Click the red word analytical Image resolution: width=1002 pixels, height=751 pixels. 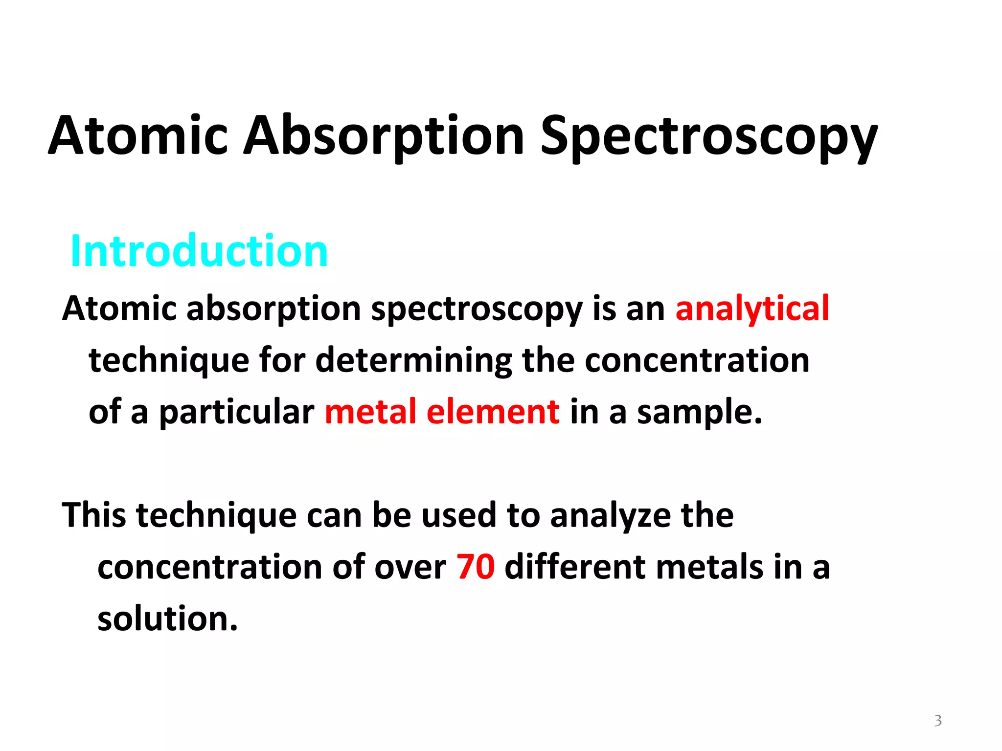tap(752, 309)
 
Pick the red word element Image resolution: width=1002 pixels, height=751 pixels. tap(493, 412)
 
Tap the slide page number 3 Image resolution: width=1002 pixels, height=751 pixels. tap(937, 721)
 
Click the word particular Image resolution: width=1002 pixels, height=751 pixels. tap(237, 413)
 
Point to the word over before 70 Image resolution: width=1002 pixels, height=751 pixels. tap(410, 568)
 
